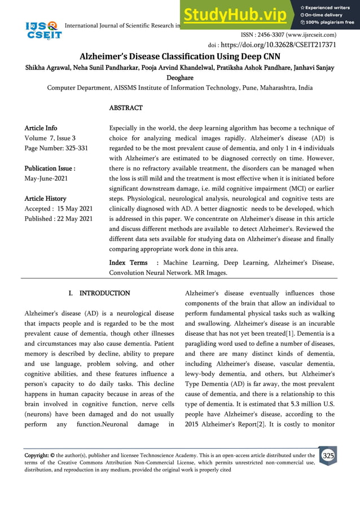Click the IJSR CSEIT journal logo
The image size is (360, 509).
(43, 30)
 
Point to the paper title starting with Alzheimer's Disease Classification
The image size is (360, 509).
(179, 56)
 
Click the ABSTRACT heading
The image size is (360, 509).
(126, 107)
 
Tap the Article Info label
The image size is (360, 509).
(41, 128)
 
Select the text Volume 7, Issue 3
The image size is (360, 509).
(50, 138)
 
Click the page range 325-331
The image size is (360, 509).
(78, 148)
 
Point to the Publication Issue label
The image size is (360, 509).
(50, 168)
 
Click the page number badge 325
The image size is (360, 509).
(327, 455)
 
